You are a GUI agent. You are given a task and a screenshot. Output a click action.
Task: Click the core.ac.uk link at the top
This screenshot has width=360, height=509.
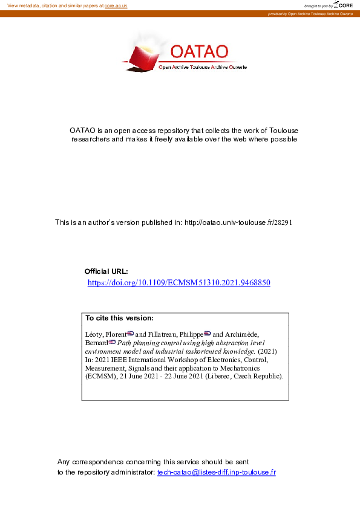click(116, 5)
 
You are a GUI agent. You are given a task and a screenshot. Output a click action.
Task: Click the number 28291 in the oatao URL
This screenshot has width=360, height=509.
click(284, 222)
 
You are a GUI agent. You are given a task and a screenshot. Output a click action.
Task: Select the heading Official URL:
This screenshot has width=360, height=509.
click(106, 271)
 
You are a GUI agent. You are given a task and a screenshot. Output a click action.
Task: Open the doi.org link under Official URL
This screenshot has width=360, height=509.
click(178, 282)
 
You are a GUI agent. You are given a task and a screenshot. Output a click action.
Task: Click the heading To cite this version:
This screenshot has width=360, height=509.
click(119, 318)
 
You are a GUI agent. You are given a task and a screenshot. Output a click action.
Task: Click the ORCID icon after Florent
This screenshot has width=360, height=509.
click(130, 333)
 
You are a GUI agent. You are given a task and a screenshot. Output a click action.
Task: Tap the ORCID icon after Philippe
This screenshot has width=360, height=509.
click(208, 333)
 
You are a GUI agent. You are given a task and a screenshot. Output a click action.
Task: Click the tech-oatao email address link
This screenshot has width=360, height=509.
click(216, 472)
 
